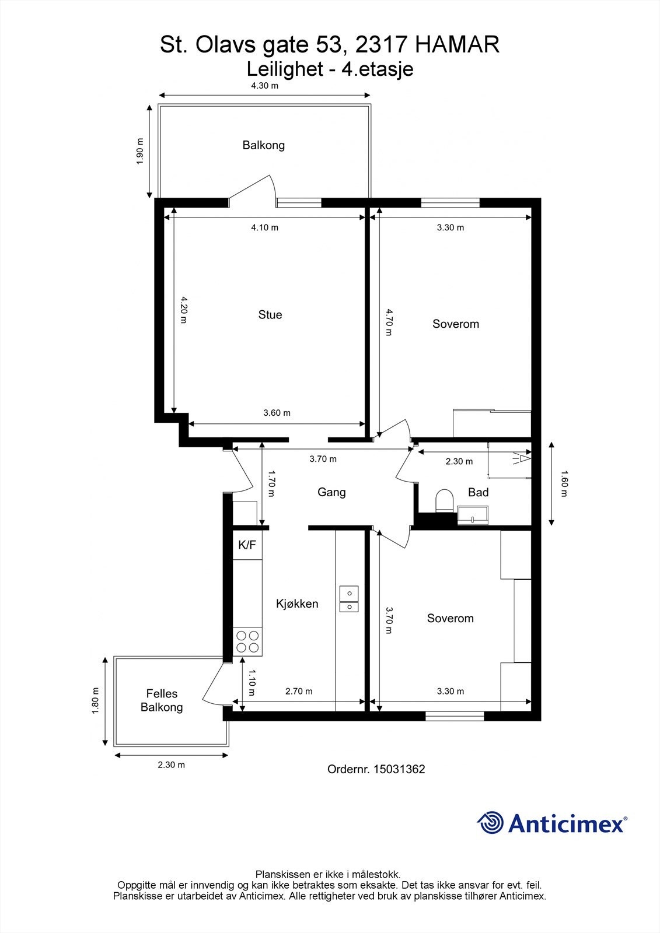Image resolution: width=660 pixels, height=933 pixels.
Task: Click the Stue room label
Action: pos(270,315)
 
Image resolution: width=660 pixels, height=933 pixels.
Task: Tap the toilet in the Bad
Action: pos(445,501)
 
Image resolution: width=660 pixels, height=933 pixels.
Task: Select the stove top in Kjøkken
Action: pos(247,641)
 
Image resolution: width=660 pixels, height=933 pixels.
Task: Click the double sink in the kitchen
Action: pos(349,599)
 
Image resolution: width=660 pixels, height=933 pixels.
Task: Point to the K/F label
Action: pos(247,546)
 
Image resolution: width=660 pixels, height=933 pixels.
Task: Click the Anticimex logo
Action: pos(552,823)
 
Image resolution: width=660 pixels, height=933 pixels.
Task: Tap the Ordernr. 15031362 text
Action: pos(376,769)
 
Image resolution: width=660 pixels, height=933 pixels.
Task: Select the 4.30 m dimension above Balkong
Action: pos(264,86)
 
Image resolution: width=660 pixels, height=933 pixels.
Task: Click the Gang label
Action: pos(331,492)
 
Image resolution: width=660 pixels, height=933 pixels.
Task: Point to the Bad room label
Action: pos(478,493)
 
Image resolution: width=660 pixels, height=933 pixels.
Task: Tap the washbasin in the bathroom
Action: pos(473,515)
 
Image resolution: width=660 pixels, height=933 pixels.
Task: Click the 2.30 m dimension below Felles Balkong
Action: pos(171,765)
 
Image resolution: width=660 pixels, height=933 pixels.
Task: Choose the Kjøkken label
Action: pos(297,604)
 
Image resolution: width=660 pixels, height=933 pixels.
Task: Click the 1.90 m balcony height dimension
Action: pos(140,151)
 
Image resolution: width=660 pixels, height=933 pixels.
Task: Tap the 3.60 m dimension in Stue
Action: pos(277,413)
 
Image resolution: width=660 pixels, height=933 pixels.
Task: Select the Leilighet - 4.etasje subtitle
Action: pos(330,69)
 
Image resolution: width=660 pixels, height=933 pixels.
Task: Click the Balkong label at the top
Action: pos(264,145)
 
